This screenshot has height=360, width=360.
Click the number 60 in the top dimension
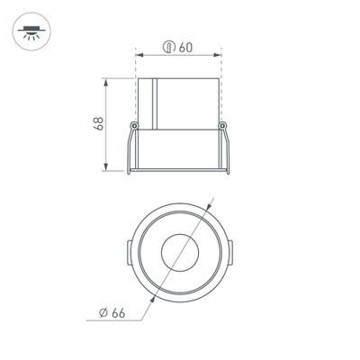point(184,47)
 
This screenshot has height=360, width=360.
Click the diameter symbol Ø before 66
point(103,312)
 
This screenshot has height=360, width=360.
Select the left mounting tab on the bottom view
point(129,252)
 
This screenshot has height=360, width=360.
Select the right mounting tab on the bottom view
point(230,252)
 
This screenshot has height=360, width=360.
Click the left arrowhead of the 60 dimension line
point(139,57)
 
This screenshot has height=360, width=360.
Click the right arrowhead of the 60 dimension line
point(220,57)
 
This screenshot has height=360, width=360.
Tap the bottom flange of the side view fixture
point(179,168)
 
